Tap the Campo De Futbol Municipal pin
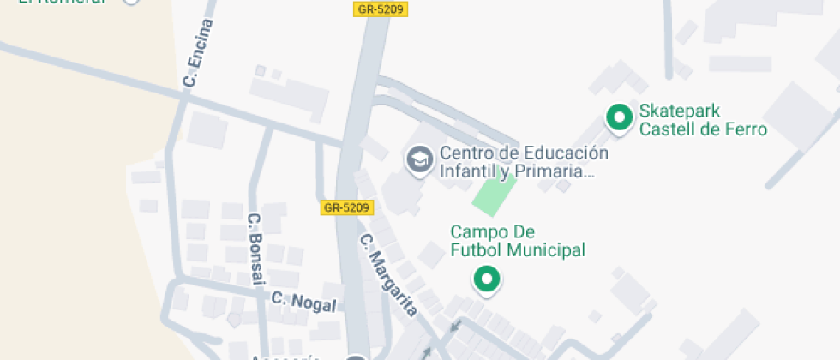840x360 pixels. pos(488,279)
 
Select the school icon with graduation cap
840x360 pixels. pos(418,159)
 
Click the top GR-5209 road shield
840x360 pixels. pos(379,9)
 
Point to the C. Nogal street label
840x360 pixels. pos(303,301)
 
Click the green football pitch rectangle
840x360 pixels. pos(495,195)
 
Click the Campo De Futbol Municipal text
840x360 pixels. pos(518,241)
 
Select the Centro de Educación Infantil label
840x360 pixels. pos(524,162)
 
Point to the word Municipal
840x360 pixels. pos(545,250)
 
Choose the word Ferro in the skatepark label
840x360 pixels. pos(747,130)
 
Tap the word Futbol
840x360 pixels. pos(477,250)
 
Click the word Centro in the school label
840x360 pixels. pos(467,153)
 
